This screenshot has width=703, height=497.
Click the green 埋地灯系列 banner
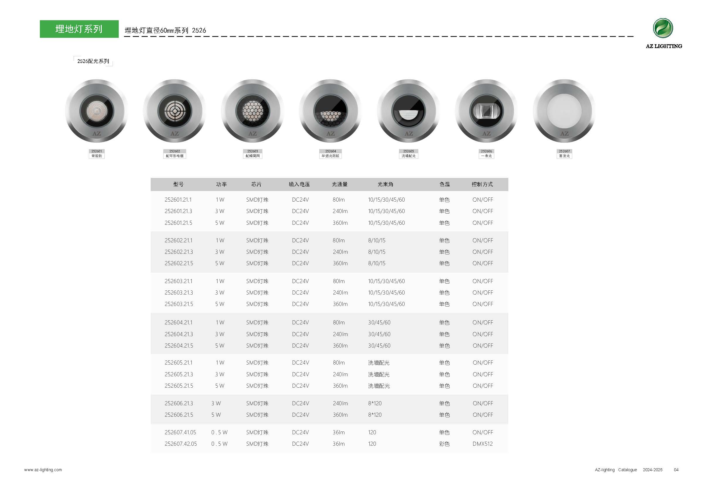coord(79,29)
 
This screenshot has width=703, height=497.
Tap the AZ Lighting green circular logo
coord(663,28)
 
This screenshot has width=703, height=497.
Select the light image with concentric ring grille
coord(174,111)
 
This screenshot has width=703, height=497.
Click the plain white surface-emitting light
coord(564,111)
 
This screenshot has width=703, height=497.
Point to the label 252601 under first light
coord(96,151)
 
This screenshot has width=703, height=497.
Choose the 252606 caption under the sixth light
coord(486,151)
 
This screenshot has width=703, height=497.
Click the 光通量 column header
coord(339,184)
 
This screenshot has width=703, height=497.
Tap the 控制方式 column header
coord(482,184)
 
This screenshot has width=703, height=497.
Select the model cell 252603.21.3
coord(179,292)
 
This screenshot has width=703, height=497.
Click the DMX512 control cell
coord(483,444)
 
